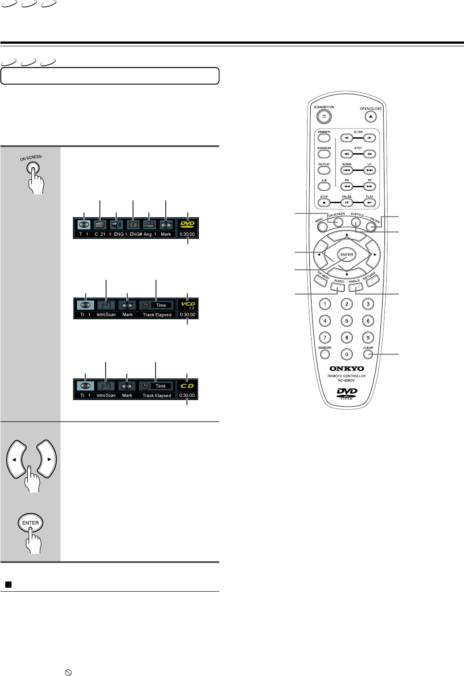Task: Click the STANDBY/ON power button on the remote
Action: (324, 117)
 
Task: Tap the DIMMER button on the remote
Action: (324, 138)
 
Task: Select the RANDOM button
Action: (324, 154)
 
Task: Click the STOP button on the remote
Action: (324, 203)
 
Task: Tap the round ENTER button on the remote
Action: (346, 255)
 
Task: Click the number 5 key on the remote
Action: (346, 321)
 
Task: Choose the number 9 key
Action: (368, 338)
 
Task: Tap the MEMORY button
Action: (325, 354)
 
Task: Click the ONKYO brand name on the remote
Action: (347, 369)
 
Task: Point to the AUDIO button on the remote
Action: (337, 287)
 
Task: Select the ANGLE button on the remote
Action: (356, 287)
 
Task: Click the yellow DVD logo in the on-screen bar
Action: (187, 224)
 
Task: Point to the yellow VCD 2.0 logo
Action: (188, 305)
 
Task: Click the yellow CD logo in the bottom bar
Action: (187, 386)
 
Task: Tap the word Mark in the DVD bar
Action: (166, 234)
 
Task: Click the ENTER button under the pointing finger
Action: (30, 523)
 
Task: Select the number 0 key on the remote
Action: (346, 354)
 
